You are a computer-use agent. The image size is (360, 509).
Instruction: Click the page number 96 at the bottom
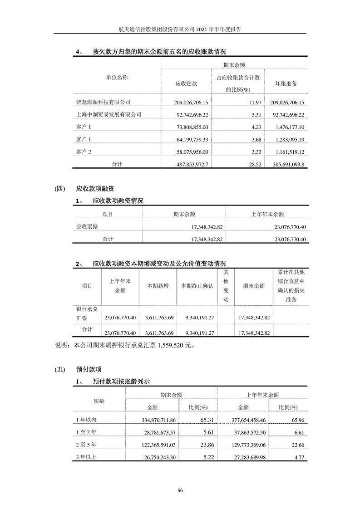click(180, 490)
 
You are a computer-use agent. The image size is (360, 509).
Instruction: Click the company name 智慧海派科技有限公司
click(103, 103)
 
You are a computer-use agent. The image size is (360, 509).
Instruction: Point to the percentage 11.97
click(252, 103)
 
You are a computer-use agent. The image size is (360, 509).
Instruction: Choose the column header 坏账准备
click(286, 84)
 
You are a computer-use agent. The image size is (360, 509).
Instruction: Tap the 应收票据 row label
click(86, 226)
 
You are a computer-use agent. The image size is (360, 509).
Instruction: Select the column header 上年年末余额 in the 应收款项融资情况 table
click(267, 214)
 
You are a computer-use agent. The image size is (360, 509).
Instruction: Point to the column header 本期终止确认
click(197, 286)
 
